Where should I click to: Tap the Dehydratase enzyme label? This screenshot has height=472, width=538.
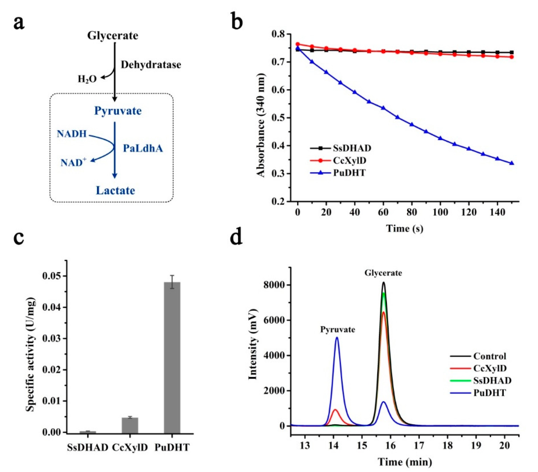151,65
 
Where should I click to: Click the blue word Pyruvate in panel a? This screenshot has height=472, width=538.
118,111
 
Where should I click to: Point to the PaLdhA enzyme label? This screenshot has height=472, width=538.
143,149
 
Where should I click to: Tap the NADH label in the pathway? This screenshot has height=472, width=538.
72,134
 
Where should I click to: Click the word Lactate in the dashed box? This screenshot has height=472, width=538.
115,190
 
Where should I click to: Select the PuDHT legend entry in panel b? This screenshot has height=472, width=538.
349,173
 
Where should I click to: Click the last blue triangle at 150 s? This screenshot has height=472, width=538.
512,163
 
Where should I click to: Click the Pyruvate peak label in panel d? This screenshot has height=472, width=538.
337,330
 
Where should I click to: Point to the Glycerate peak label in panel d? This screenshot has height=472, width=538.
383,273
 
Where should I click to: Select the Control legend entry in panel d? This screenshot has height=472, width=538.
489,356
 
